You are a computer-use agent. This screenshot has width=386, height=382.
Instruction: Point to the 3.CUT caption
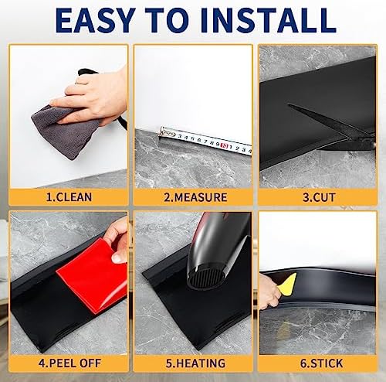(319, 196)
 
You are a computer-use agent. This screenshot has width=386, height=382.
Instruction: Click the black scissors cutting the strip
(324, 124)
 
